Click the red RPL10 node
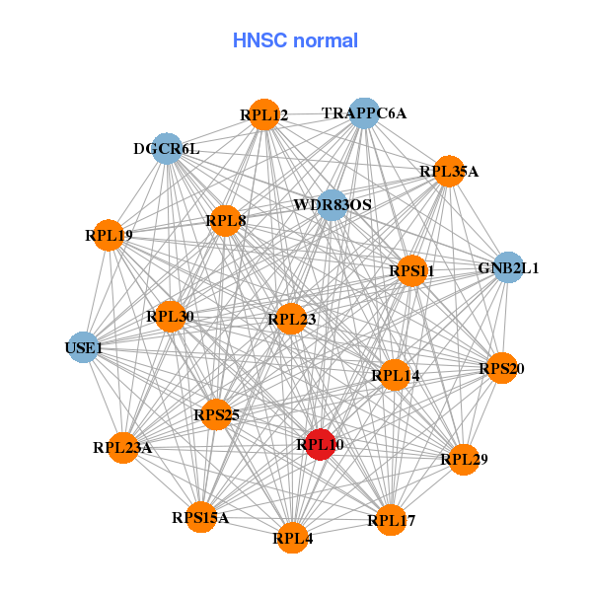(x=320, y=444)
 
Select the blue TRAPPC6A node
(x=364, y=113)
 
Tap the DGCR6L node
(x=167, y=149)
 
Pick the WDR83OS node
(x=333, y=205)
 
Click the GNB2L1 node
(x=507, y=267)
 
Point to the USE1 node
(x=83, y=347)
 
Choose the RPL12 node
(x=263, y=115)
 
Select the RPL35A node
(x=449, y=171)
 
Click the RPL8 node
(x=226, y=220)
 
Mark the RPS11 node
(x=411, y=270)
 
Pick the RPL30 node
(x=170, y=317)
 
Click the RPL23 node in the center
(x=291, y=319)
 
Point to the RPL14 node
(x=395, y=375)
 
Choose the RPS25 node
(x=216, y=414)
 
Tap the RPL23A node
(x=123, y=447)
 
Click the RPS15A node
(x=200, y=517)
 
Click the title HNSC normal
(x=295, y=40)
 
